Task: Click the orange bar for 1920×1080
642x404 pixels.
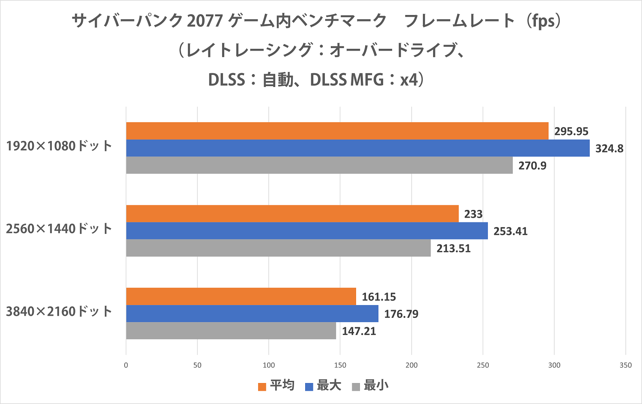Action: pos(337,131)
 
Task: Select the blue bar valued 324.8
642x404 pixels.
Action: pos(358,148)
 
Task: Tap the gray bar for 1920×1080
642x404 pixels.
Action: pos(319,165)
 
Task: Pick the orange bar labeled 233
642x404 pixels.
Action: pos(292,213)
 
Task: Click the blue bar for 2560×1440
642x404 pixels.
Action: pos(307,230)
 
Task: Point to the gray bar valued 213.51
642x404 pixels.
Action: pos(278,248)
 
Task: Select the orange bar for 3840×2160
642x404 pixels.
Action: pos(241,296)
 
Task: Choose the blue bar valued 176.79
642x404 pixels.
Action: pos(252,313)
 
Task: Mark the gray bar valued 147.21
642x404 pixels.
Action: pos(231,330)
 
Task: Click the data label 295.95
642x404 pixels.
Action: pos(571,132)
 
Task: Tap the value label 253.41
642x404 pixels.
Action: pos(510,231)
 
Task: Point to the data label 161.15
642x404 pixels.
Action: pos(379,297)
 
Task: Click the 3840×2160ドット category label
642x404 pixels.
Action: pos(59,311)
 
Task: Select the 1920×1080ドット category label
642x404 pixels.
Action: pos(59,146)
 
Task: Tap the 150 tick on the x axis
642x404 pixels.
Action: pos(340,365)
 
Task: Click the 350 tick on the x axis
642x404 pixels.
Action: pos(625,365)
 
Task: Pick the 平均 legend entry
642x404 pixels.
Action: pos(276,386)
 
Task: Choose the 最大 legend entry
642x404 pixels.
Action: pos(323,386)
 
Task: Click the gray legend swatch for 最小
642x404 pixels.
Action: pos(356,387)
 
